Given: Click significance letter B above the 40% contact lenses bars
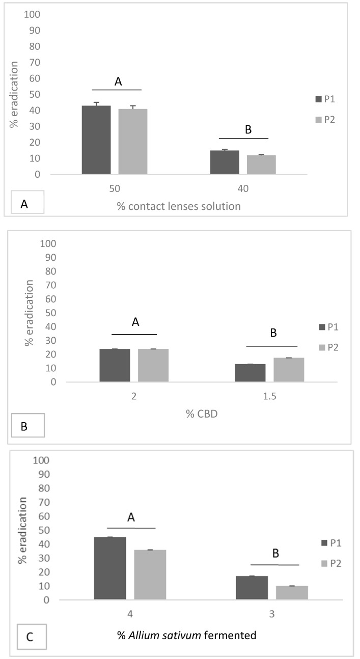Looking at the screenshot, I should [x=248, y=129].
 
